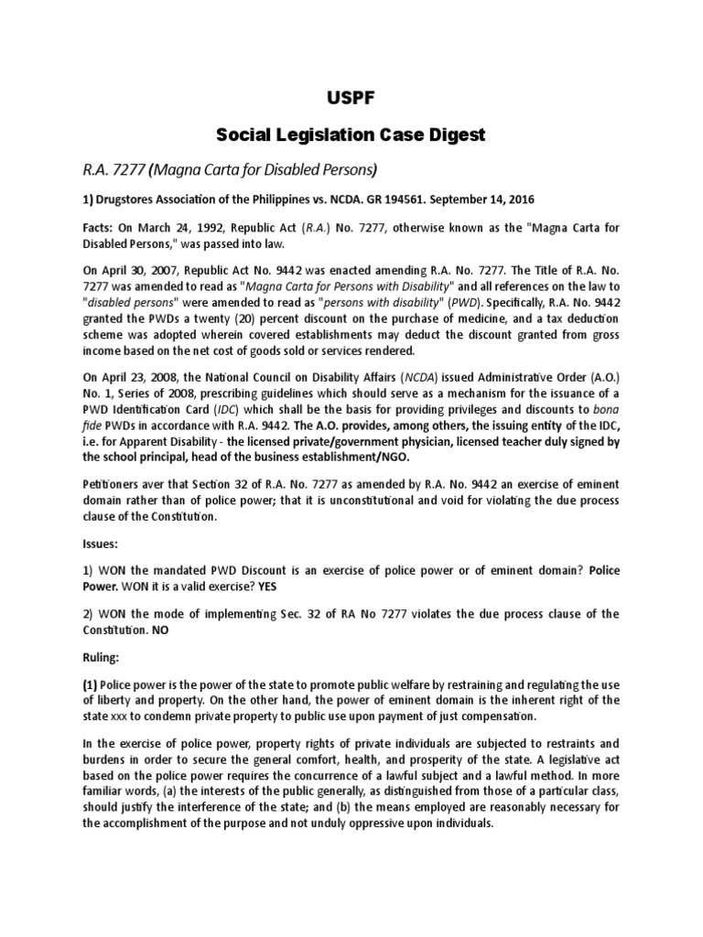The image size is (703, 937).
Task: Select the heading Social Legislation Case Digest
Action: (351, 135)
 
